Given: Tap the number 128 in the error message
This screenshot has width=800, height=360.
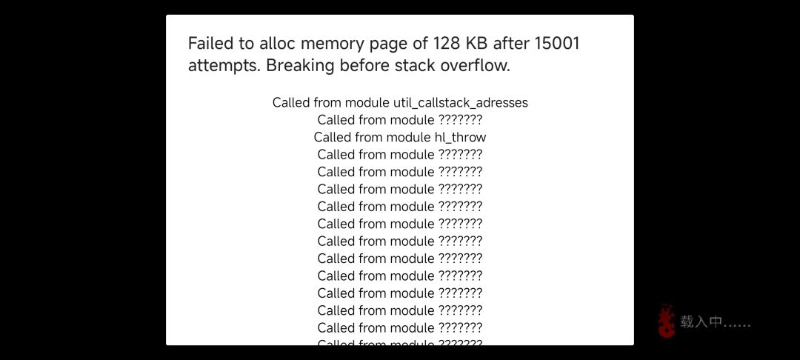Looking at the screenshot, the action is point(447,44).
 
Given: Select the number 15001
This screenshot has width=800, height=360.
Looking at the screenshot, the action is point(557,44).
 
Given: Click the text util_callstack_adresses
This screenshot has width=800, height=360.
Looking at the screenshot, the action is point(460,102).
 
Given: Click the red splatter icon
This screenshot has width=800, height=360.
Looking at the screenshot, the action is point(667,321).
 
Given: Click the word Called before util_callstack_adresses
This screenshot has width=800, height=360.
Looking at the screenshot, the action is point(291,102).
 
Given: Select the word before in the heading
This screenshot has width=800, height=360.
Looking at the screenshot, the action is point(353,66).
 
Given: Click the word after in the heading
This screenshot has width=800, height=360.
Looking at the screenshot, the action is point(511,44).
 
